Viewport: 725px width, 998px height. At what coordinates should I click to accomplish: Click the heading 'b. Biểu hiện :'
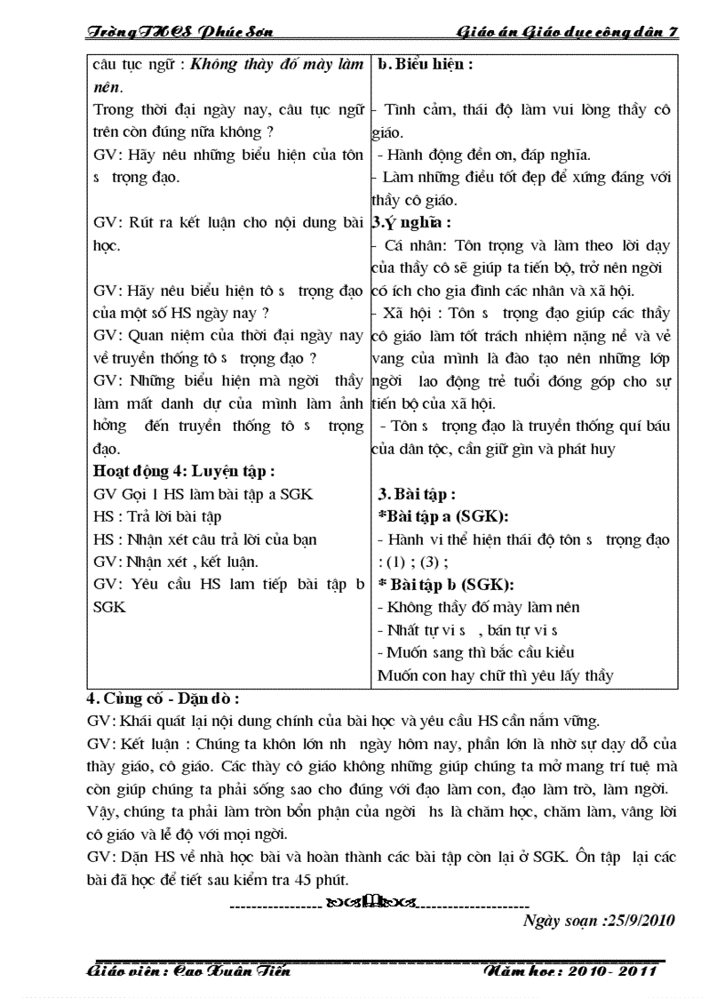(425, 64)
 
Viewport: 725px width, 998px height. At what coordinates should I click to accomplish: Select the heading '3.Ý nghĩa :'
(411, 222)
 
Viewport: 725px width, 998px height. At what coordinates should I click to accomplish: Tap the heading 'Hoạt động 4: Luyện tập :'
(184, 471)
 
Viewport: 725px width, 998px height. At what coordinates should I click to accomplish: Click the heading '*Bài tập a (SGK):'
(449, 516)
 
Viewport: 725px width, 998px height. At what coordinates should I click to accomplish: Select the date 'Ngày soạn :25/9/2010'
(599, 920)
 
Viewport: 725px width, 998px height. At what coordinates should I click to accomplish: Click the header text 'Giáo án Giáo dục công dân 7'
(568, 32)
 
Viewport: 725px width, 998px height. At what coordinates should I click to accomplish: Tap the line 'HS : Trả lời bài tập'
(157, 516)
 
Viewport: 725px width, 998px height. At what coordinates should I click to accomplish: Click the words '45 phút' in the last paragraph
(320, 880)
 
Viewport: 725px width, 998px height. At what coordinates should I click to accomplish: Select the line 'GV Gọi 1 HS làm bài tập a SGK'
(203, 494)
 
